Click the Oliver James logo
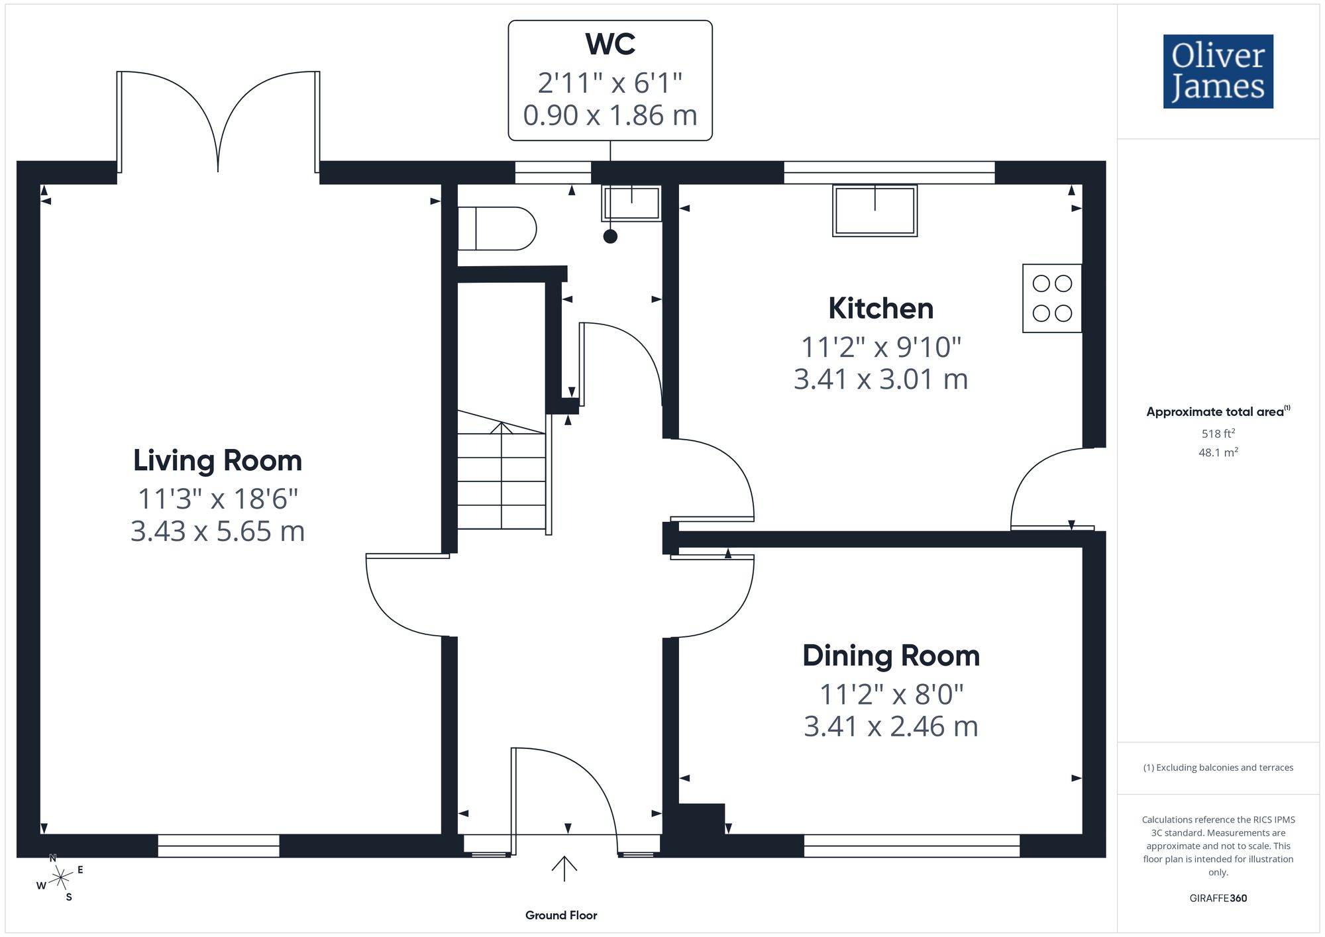coord(1218,72)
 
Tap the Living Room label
coord(217,460)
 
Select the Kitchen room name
coord(880,309)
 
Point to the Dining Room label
coord(890,656)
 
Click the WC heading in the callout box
coord(610,44)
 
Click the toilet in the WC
coord(497,228)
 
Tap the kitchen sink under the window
coord(874,211)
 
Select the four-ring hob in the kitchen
coord(1052,298)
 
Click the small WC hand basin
coord(631,203)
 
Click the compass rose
coord(60,878)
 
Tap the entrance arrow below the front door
coord(564,869)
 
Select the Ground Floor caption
coord(561,915)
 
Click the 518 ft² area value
coord(1218,434)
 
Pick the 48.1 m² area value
coord(1218,452)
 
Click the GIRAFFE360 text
coord(1218,899)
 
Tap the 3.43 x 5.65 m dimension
coord(217,531)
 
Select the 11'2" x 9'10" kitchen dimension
coord(880,346)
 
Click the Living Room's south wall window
coord(219,846)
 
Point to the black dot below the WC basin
coord(610,236)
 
